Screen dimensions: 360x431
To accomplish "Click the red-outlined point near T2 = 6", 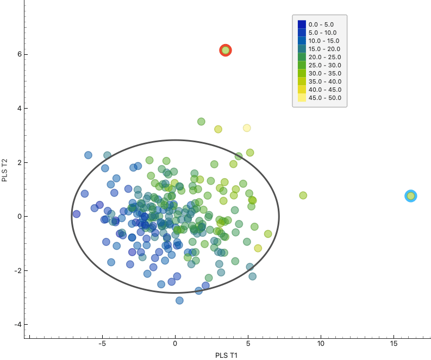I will coord(226,50).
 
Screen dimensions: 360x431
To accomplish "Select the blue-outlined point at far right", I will coord(411,196).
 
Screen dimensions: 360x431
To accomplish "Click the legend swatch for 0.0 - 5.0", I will coord(302,24).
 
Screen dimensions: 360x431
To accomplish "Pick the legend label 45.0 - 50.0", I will coord(324,98).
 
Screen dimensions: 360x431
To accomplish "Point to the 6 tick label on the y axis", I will coord(18,54).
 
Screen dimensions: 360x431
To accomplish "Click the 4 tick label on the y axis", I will coord(18,109).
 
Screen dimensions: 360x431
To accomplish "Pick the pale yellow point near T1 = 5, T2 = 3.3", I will coord(247,128).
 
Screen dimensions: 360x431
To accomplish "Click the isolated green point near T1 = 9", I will coord(303,195).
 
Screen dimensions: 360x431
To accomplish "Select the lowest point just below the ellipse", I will coord(179,300).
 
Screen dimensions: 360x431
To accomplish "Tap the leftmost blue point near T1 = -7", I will coord(77,214).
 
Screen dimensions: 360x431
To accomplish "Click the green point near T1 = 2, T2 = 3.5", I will coord(201,122).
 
